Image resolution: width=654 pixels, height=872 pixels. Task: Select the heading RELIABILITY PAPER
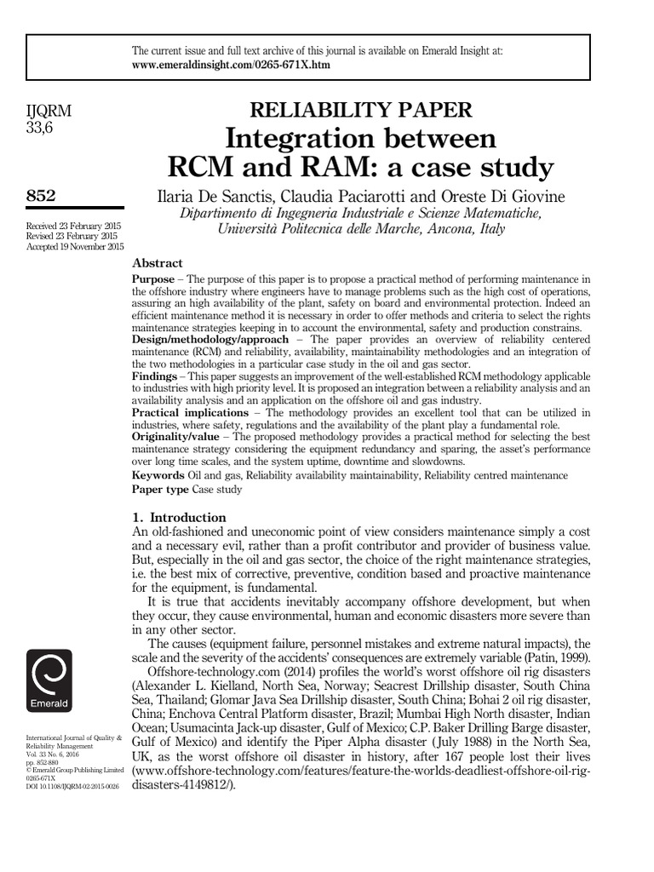359,109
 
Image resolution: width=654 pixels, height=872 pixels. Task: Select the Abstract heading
158,263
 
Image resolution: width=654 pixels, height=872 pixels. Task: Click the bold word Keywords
158,475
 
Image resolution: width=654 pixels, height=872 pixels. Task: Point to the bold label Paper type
161,489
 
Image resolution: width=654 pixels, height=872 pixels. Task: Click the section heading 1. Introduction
179,517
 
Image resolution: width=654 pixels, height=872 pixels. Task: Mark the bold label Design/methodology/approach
209,339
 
